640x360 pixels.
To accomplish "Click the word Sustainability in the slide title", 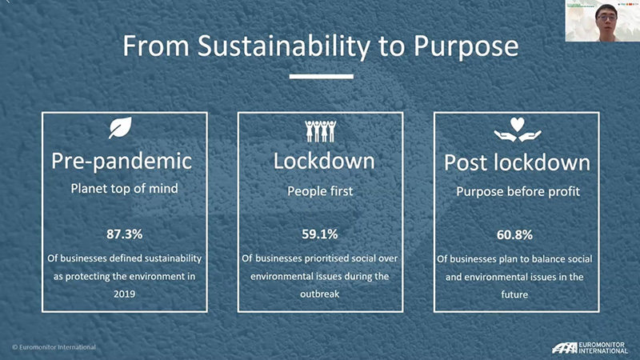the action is [x=284, y=46].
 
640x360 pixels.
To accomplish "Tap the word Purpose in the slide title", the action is [x=466, y=47].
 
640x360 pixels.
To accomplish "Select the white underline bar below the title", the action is [x=322, y=76].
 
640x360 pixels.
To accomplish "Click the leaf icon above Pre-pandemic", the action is [x=121, y=127].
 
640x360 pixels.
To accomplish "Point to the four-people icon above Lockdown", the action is [x=321, y=130].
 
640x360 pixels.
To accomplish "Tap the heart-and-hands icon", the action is [x=517, y=130].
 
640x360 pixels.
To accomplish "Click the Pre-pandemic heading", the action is [x=122, y=162].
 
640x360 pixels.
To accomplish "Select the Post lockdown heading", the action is [x=517, y=162].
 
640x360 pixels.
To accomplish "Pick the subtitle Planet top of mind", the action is [x=124, y=189].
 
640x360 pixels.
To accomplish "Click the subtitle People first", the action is [x=320, y=191].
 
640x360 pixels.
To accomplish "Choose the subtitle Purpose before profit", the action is [x=518, y=192].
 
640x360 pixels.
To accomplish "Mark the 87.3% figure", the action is [x=124, y=234].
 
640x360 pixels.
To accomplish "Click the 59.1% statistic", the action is [x=319, y=234].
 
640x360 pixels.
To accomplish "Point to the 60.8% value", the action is [x=514, y=235].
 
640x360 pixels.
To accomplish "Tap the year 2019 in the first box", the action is [x=124, y=294].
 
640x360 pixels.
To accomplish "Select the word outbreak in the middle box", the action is [x=319, y=294].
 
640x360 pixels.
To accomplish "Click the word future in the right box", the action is [x=514, y=294].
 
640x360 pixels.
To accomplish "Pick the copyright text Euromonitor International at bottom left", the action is [x=54, y=347].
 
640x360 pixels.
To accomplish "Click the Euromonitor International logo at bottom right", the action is [x=590, y=348].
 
